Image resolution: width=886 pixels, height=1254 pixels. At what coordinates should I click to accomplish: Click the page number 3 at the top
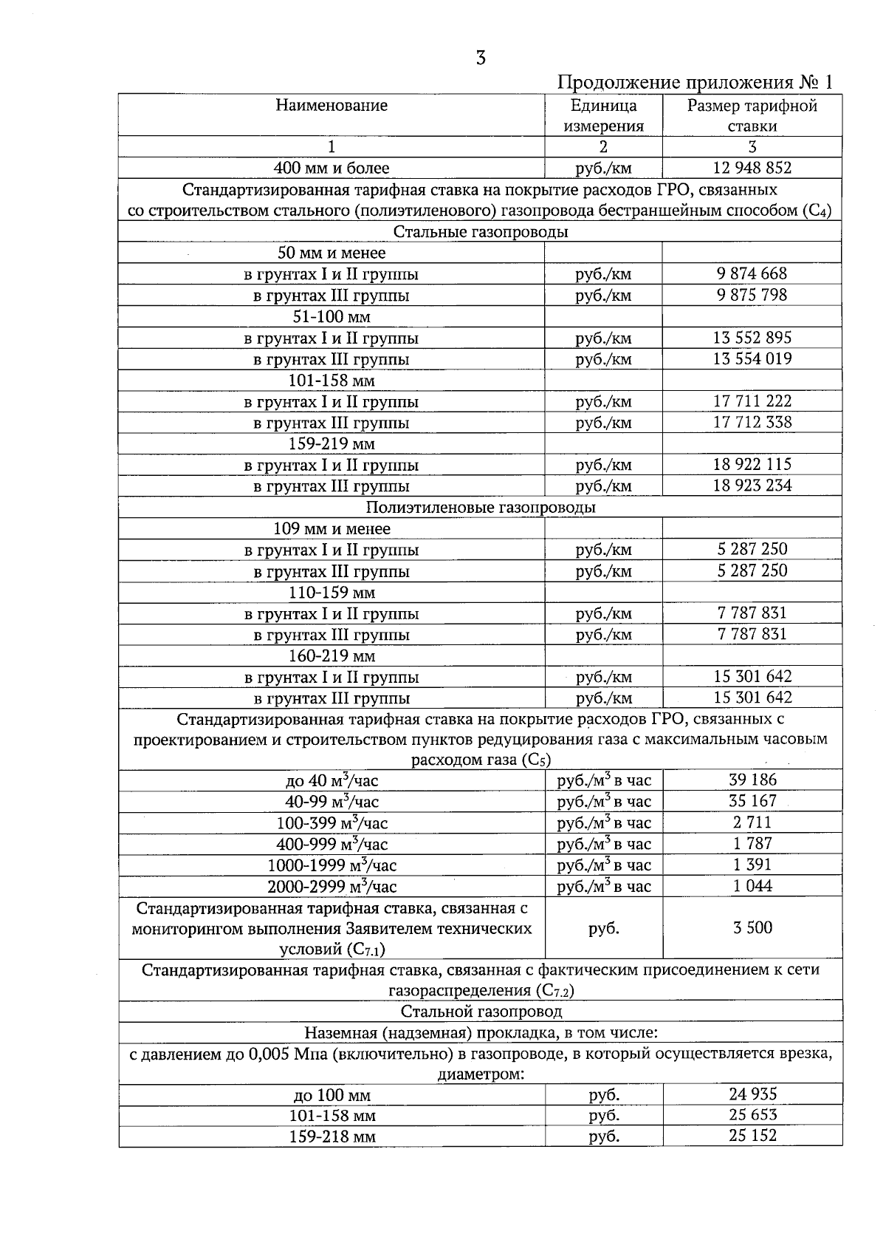tap(481, 58)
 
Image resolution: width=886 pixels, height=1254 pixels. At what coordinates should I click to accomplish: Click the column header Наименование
tap(332, 106)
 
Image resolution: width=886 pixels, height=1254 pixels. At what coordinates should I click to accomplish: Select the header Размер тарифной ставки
tap(752, 115)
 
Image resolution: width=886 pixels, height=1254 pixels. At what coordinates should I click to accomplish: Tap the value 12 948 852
tap(752, 168)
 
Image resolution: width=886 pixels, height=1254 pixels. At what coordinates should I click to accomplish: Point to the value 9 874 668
tap(752, 273)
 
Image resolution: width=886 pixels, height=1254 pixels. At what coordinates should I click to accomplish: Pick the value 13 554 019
tap(752, 359)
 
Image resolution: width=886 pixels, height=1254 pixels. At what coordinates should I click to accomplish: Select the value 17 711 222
tap(752, 401)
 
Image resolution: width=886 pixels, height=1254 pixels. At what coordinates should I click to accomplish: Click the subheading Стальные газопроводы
tap(480, 232)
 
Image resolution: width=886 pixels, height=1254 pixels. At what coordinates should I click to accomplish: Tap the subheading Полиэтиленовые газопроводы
tap(480, 508)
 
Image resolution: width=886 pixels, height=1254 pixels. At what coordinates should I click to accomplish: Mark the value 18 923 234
tap(752, 485)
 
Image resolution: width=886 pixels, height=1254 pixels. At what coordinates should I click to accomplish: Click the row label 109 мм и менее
tap(332, 529)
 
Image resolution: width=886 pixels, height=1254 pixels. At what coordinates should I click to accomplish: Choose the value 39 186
tap(752, 780)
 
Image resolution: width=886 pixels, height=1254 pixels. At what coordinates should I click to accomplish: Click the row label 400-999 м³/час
tap(332, 844)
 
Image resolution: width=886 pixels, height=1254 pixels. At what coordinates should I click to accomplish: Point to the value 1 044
tap(752, 885)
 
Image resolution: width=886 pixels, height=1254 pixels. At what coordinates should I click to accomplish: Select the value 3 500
tap(752, 928)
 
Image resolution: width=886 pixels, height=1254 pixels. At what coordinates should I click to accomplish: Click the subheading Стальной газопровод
tap(480, 1011)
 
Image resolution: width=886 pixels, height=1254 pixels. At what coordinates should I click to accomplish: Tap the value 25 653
tap(752, 1115)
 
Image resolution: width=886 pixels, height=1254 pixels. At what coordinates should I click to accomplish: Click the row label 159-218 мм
tap(332, 1137)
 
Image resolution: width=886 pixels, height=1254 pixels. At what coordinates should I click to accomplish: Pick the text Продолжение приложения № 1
tap(694, 82)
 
